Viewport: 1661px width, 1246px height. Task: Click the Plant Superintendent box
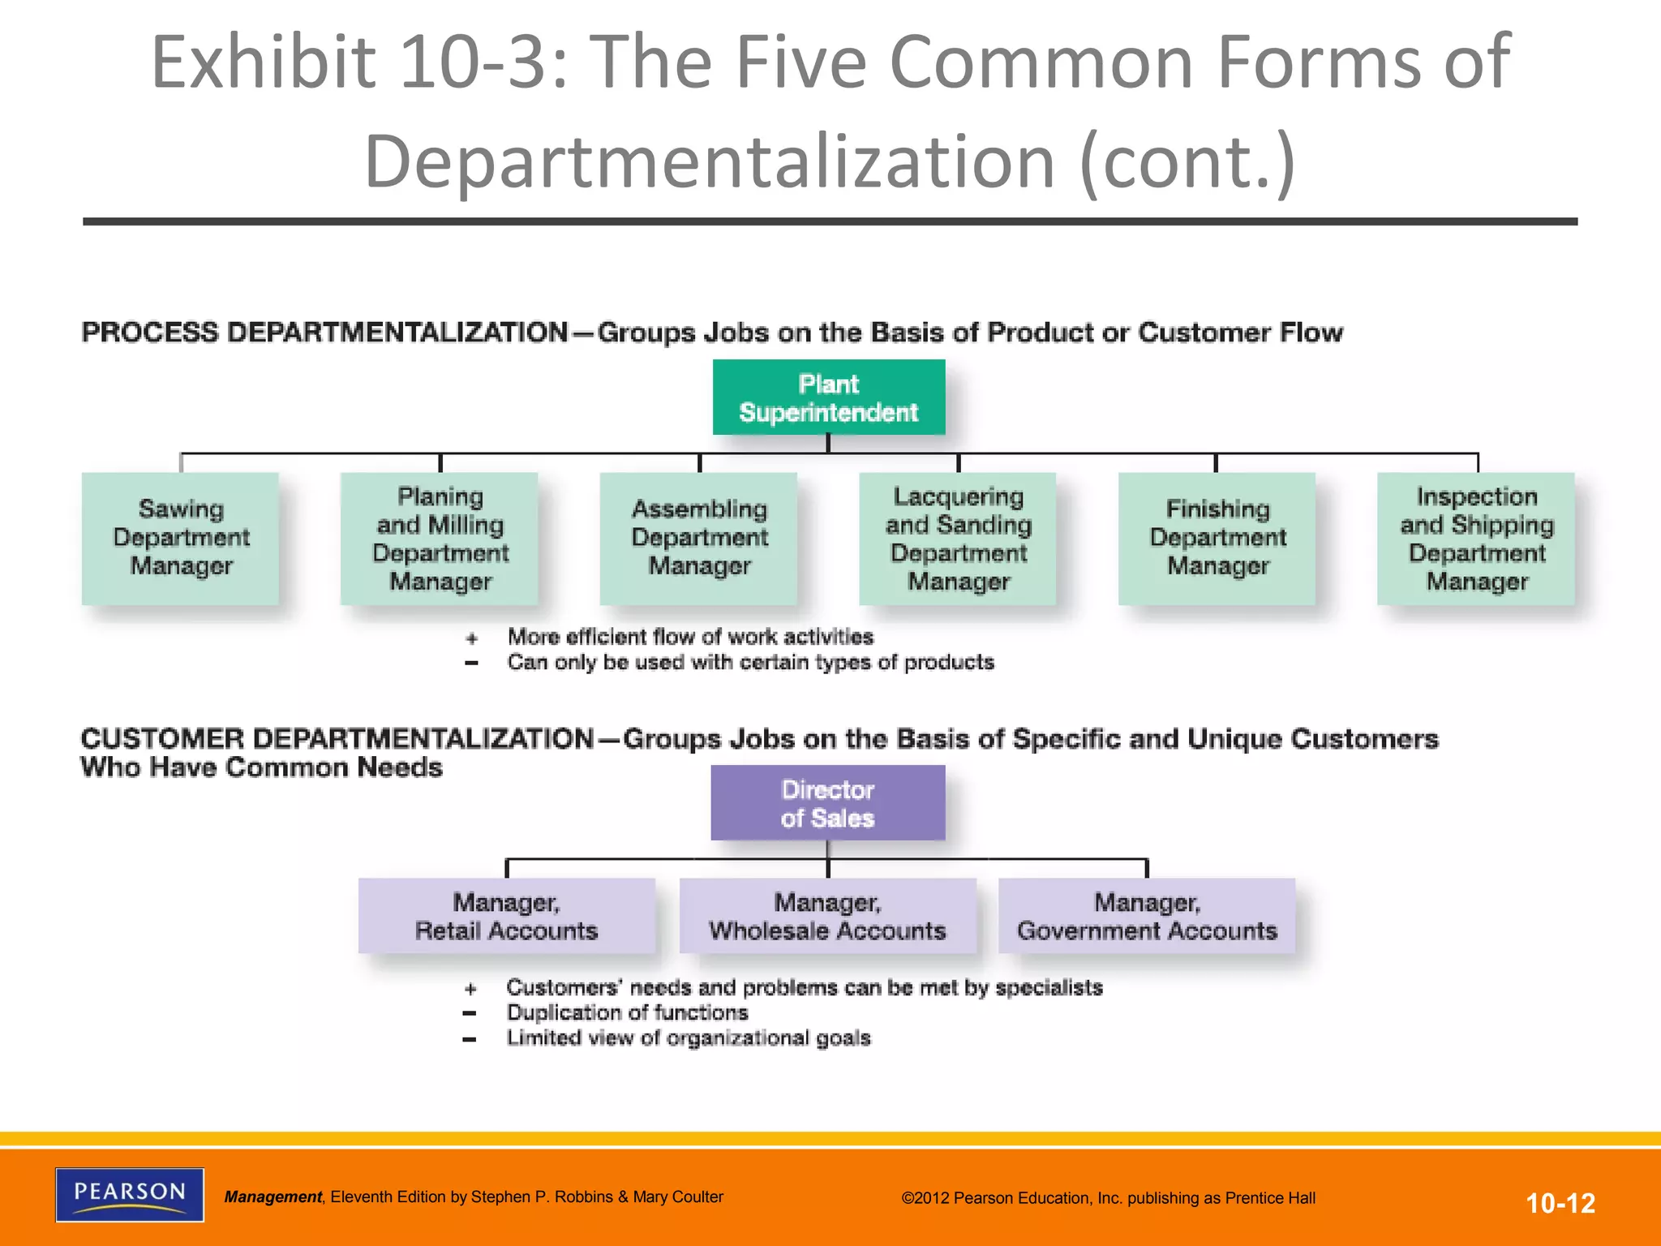[x=828, y=397]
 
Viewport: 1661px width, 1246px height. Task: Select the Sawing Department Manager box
[x=180, y=538]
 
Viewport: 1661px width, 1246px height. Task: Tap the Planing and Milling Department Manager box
[x=440, y=538]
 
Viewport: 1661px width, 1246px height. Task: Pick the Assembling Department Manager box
[x=698, y=538]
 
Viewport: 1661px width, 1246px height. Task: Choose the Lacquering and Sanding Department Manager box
[x=958, y=538]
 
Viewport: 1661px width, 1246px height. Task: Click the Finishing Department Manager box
[x=1217, y=538]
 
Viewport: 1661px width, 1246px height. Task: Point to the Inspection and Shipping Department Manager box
[x=1476, y=538]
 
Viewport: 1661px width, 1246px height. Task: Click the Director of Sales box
[x=827, y=803]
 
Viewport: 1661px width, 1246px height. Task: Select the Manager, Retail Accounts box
[x=507, y=916]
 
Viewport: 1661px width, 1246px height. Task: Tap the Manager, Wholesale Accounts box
[x=827, y=916]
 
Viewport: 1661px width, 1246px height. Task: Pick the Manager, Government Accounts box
[x=1147, y=916]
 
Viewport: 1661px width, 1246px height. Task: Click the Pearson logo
[x=130, y=1194]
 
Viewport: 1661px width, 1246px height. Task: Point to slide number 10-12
[x=1560, y=1203]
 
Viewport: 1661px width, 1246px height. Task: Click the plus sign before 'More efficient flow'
[x=472, y=638]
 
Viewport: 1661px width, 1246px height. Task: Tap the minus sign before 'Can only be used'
[x=471, y=664]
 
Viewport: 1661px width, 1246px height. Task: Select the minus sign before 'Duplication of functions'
[x=470, y=1013]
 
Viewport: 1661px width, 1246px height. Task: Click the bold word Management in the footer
[x=273, y=1197]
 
